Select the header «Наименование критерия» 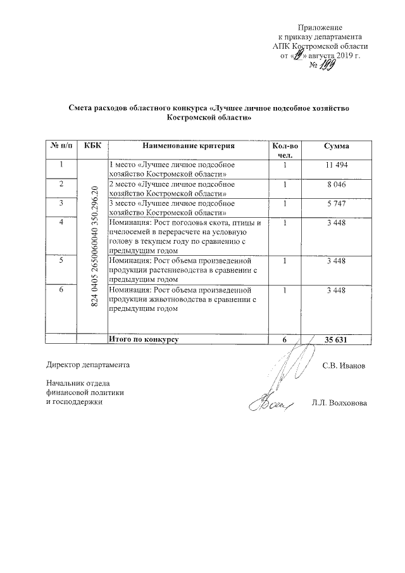click(x=188, y=146)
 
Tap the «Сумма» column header click(x=337, y=146)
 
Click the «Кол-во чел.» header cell click(x=285, y=150)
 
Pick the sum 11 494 click(x=337, y=165)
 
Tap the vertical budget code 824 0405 click(x=96, y=247)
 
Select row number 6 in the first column click(x=61, y=290)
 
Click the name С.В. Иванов click(x=344, y=365)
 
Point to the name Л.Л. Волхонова click(x=339, y=403)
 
